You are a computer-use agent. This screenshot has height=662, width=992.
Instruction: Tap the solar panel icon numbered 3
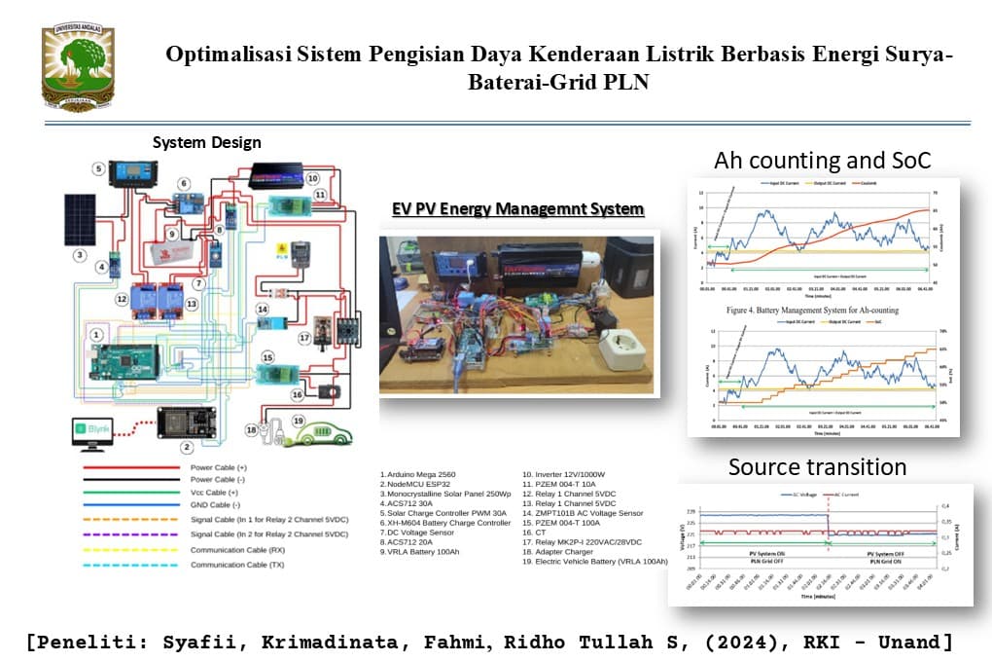(80, 219)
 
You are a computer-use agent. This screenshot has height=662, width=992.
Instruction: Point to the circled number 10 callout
(312, 179)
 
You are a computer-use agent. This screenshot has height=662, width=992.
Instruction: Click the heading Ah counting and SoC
(823, 161)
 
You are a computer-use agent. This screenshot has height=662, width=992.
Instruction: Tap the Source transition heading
(818, 467)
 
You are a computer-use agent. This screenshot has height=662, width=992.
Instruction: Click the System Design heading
(206, 142)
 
